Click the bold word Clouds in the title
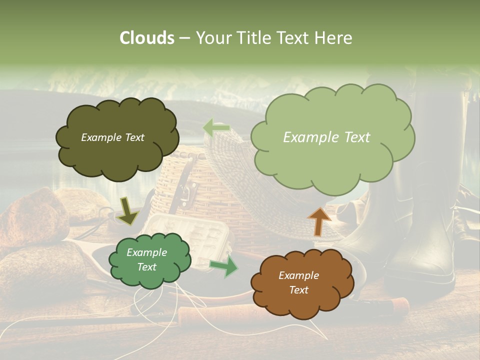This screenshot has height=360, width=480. pos(146,38)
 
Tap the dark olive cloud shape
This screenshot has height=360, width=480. pos(116,138)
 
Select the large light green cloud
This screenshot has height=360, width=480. pos(332,137)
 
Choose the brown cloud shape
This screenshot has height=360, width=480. pos(298,283)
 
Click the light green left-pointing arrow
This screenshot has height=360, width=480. pos(216,128)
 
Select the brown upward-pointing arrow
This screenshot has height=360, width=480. pos(319,220)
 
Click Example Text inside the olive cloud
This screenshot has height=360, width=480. pos(112,137)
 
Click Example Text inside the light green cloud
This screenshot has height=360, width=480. pos(326,137)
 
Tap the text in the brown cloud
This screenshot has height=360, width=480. pos(298,282)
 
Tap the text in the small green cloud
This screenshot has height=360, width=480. pos(146,260)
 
